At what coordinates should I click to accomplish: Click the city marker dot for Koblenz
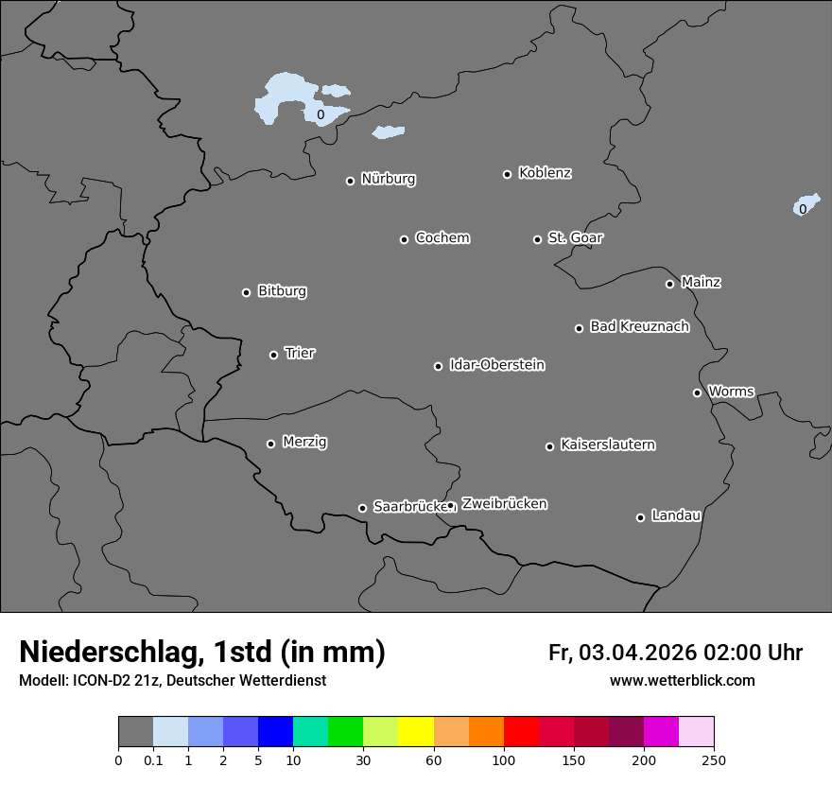coord(507,174)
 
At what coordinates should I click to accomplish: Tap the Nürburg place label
coord(388,179)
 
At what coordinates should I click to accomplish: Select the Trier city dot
coord(274,355)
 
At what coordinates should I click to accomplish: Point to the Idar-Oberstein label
coord(496,365)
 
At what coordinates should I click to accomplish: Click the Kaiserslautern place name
coord(607,445)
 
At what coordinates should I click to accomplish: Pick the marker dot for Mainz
coord(669,284)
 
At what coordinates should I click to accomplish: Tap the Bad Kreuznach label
coord(639,326)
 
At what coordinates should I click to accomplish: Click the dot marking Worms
coord(697,392)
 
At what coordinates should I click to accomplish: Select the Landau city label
coord(676,515)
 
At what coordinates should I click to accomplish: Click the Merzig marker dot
coord(270,444)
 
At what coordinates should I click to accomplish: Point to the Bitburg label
coord(282,291)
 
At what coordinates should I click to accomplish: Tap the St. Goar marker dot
coord(537,239)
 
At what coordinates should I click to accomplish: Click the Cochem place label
coord(442,237)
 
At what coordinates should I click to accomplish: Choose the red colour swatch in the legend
coord(521,732)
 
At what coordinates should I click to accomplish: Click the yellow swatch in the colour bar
coord(416,732)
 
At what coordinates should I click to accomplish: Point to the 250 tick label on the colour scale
coord(714,759)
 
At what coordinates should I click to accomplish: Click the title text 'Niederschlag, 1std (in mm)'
coord(202,652)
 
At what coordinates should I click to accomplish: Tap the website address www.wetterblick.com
coord(682,680)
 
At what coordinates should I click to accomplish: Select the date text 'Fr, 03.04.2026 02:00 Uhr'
coord(675,653)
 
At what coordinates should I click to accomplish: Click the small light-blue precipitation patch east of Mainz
coord(806,204)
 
